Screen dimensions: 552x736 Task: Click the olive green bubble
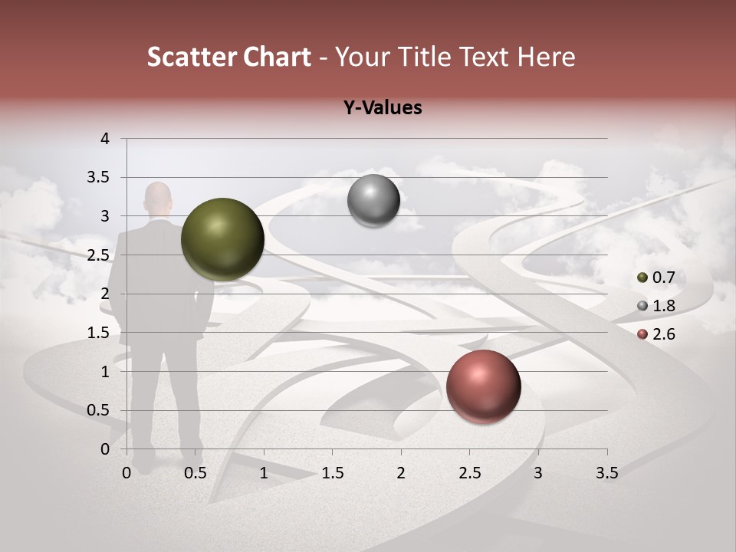(222, 239)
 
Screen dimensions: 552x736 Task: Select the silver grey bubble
(373, 201)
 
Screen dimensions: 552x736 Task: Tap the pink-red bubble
(483, 386)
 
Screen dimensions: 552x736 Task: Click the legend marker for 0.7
(642, 278)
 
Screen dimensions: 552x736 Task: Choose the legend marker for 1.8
(642, 306)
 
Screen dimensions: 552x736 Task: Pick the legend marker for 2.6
(642, 334)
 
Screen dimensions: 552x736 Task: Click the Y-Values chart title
(383, 108)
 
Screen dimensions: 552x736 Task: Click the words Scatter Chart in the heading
(229, 57)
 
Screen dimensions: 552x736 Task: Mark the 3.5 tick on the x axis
(606, 473)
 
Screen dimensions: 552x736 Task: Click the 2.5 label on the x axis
(469, 473)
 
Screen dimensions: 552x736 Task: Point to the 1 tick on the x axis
(264, 473)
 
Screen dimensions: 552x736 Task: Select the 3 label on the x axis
(538, 473)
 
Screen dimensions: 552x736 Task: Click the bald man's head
(158, 197)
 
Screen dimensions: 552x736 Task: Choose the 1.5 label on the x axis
(332, 473)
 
